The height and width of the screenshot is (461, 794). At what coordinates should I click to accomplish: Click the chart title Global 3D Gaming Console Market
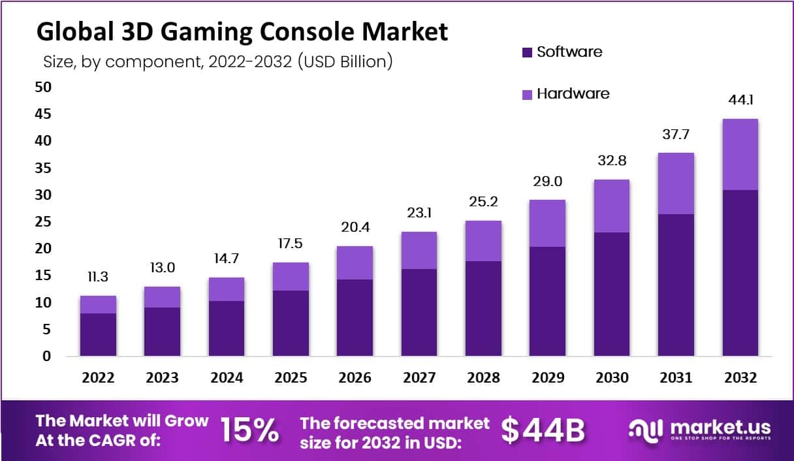click(242, 32)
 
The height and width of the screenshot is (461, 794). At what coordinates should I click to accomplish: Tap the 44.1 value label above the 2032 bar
click(740, 100)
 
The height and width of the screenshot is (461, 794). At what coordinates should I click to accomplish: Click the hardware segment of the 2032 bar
click(740, 154)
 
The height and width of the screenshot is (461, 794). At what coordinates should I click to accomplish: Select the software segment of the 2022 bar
click(98, 334)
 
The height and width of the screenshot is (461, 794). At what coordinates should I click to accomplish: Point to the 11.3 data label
click(98, 278)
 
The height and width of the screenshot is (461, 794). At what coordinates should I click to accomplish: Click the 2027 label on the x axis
click(419, 378)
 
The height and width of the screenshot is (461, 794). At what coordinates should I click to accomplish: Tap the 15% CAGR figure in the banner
click(249, 430)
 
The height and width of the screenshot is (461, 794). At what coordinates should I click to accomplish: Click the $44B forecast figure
click(543, 430)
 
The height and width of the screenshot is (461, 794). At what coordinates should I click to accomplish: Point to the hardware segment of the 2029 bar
click(547, 223)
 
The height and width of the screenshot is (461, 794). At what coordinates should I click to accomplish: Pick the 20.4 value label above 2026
click(355, 228)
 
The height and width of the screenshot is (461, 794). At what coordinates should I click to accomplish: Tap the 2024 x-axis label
click(227, 378)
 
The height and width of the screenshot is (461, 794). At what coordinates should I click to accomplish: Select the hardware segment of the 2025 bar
click(291, 276)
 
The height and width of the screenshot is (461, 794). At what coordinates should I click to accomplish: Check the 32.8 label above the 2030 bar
click(611, 161)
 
